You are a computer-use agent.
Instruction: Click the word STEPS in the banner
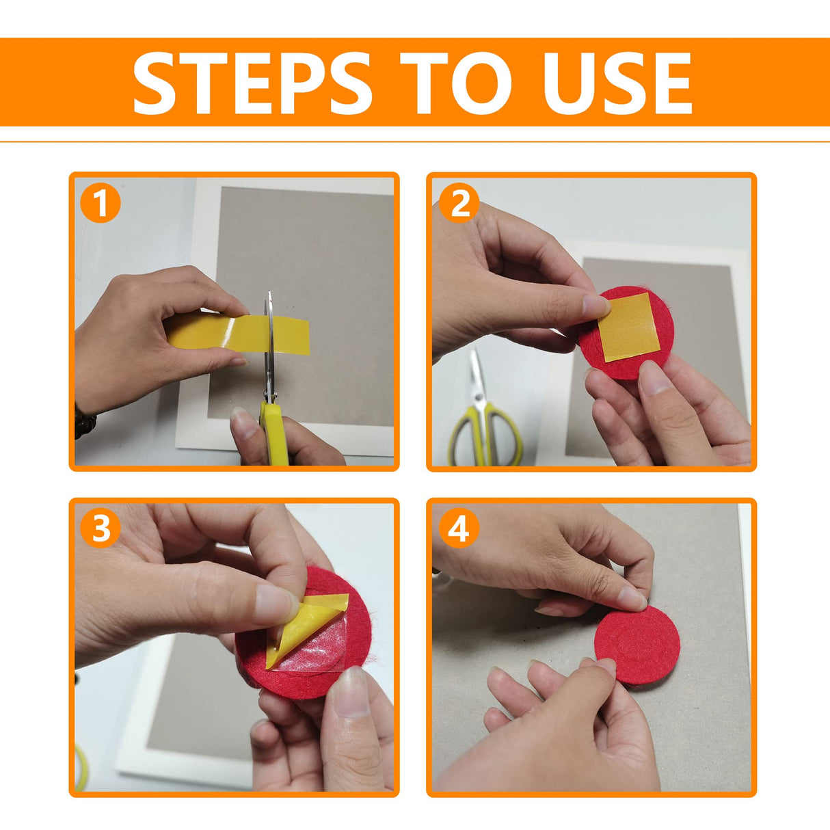(252, 83)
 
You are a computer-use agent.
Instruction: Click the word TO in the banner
(456, 83)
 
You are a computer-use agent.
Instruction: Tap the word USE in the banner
(617, 83)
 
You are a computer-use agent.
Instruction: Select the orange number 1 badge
(101, 202)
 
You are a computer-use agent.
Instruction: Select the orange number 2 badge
(459, 202)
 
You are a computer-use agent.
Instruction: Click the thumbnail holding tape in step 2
(596, 306)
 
